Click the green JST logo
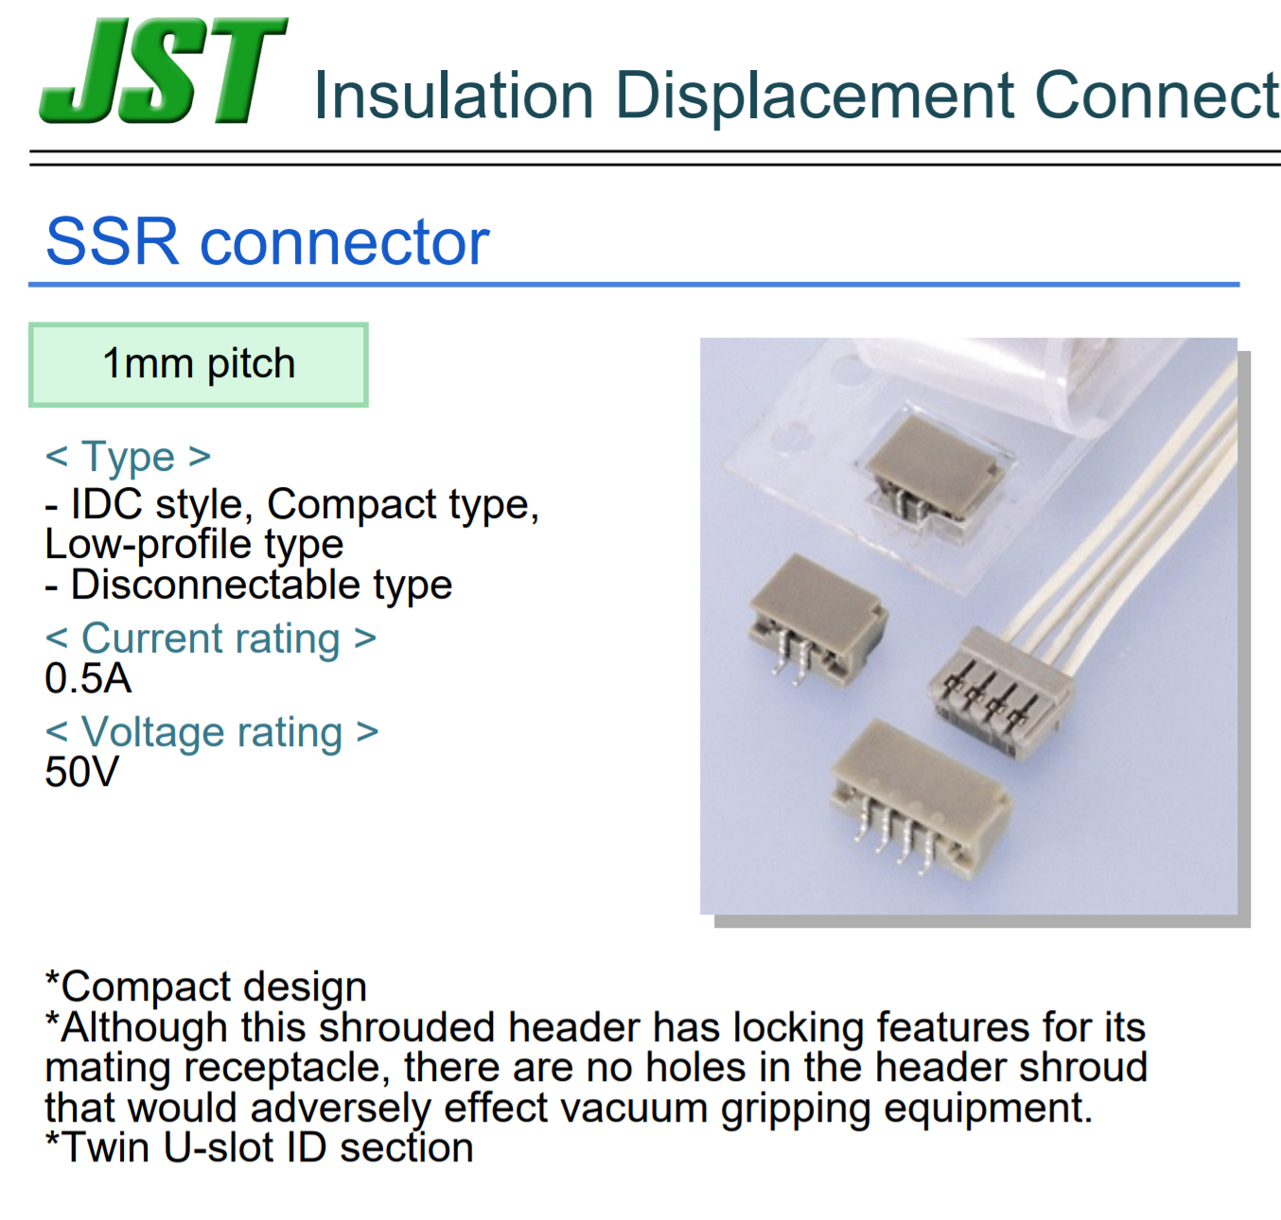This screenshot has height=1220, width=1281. (163, 70)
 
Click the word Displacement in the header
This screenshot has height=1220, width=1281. (814, 96)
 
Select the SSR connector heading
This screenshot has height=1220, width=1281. (267, 242)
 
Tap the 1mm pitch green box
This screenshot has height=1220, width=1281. (198, 365)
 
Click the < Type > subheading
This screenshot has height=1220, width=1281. (128, 457)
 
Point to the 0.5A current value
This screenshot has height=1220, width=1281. (88, 679)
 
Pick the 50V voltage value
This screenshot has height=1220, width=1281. (81, 773)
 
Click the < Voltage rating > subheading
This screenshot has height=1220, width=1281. (212, 732)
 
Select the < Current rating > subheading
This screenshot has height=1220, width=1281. (210, 638)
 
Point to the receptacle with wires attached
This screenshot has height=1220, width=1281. (1000, 694)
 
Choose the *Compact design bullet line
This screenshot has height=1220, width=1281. (206, 986)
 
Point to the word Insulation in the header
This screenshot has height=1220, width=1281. (453, 96)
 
